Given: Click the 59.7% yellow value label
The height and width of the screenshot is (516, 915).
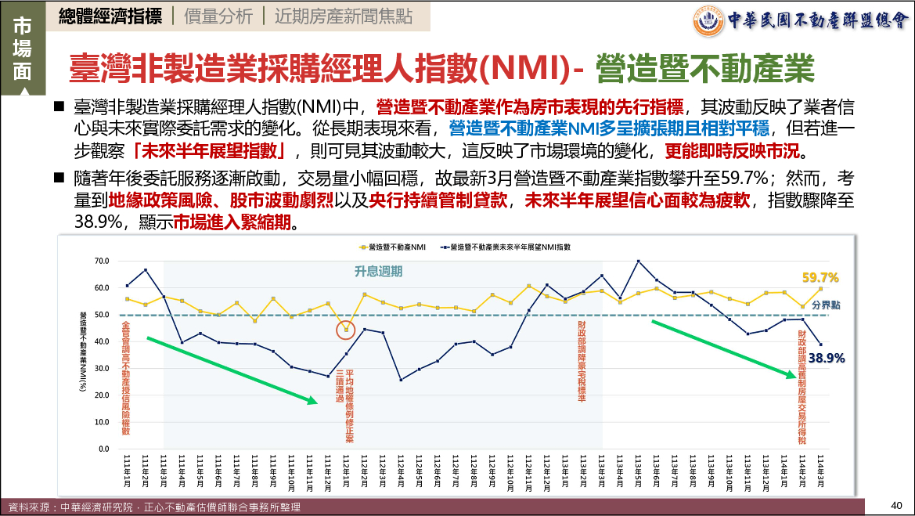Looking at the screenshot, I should (820, 277).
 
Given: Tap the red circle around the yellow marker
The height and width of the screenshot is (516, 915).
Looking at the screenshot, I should (346, 330).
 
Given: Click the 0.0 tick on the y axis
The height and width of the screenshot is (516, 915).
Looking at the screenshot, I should (102, 449).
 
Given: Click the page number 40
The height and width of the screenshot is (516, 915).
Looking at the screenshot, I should (897, 504).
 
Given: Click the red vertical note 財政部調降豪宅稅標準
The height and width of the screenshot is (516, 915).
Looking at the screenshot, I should (582, 361).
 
